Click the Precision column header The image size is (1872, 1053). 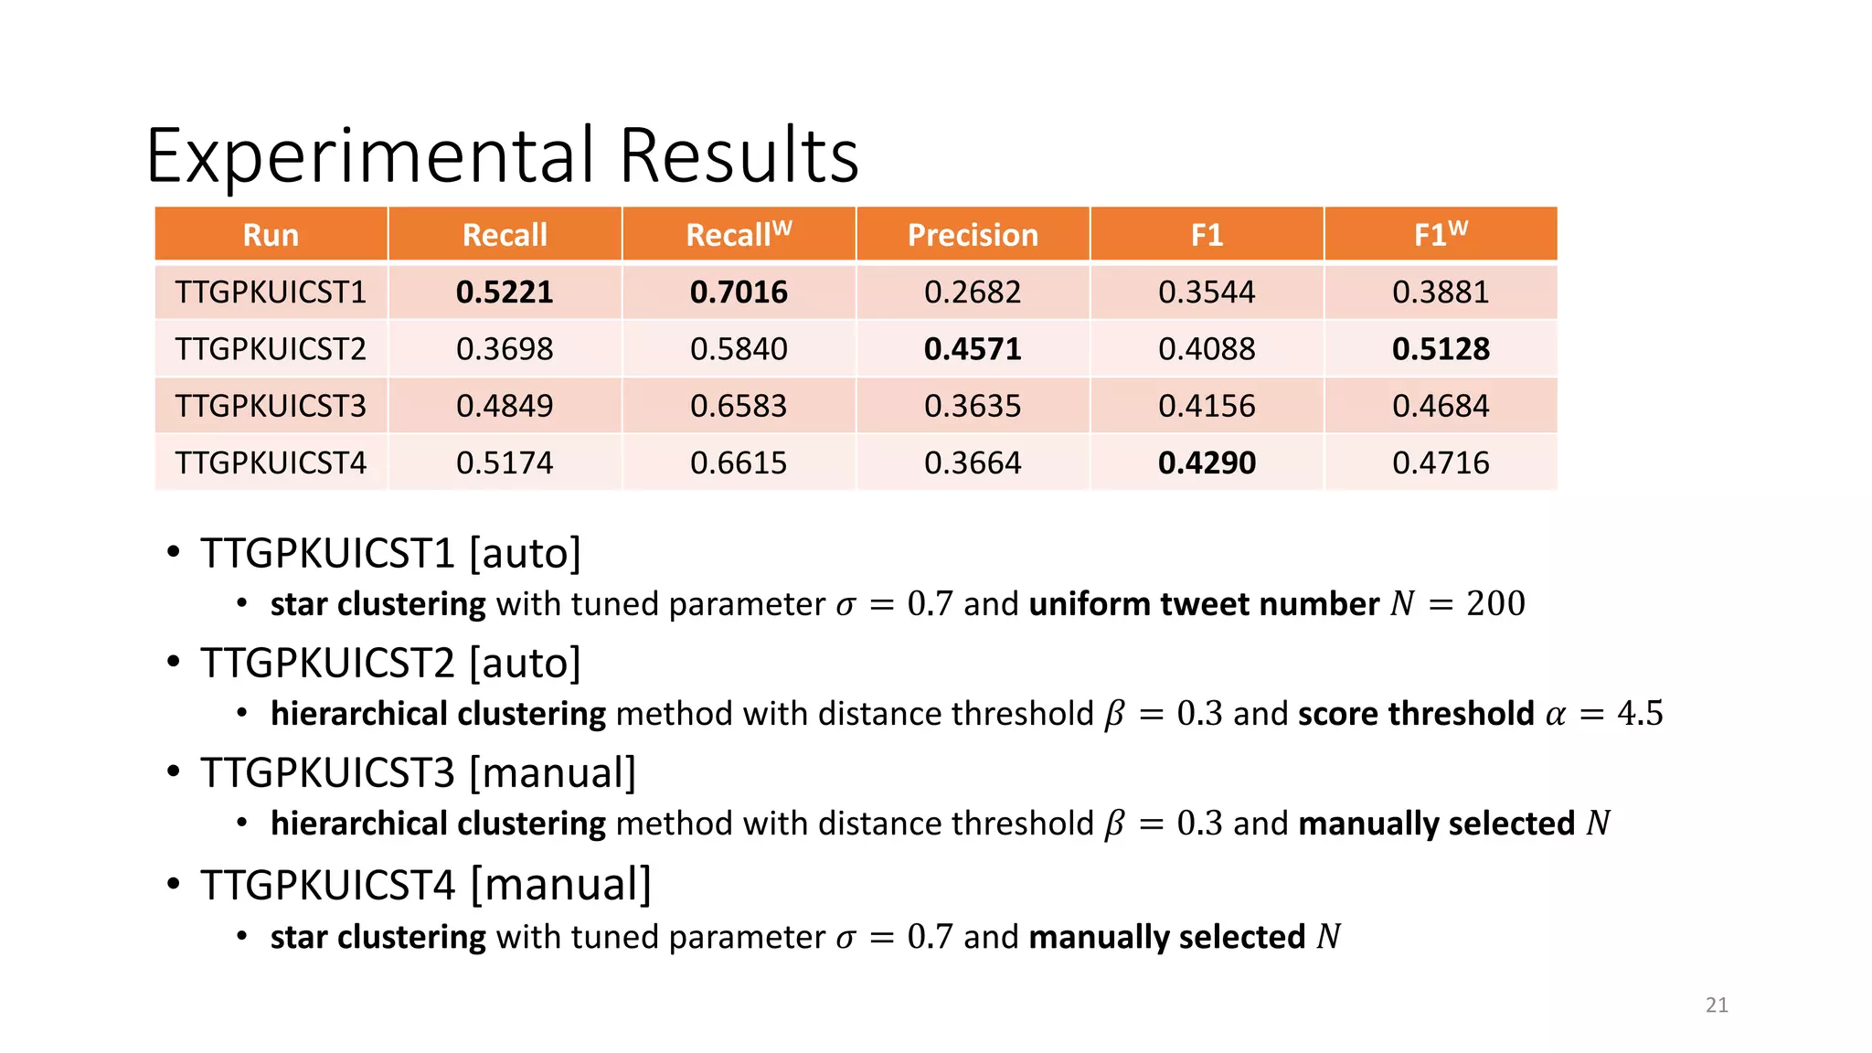pyautogui.click(x=973, y=235)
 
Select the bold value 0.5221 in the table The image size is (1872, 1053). pyautogui.click(x=505, y=292)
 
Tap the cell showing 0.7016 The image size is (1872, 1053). pyautogui.click(x=739, y=292)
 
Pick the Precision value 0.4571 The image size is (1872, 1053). pyautogui.click(x=973, y=349)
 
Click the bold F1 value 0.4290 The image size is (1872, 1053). pyautogui.click(x=1207, y=463)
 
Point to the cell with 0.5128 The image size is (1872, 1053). pyautogui.click(x=1441, y=349)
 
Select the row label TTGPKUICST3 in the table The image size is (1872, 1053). pyautogui.click(x=271, y=406)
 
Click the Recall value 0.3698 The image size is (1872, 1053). pyautogui.click(x=505, y=349)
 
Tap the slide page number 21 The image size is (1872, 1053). pyautogui.click(x=1717, y=1005)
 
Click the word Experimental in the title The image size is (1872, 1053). pyautogui.click(x=370, y=155)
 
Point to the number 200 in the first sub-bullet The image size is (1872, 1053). pyautogui.click(x=1495, y=604)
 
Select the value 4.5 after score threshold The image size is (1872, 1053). pyautogui.click(x=1640, y=714)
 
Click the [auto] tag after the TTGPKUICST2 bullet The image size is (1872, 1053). pyautogui.click(x=525, y=664)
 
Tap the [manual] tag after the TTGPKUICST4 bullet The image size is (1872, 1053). pyautogui.click(x=560, y=885)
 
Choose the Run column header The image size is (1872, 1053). pyautogui.click(x=271, y=235)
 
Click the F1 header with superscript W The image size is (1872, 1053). pyautogui.click(x=1441, y=235)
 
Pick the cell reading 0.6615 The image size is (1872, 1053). pyautogui.click(x=739, y=463)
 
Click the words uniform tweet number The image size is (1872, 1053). pyautogui.click(x=1204, y=604)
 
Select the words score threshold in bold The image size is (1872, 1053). pyautogui.click(x=1416, y=714)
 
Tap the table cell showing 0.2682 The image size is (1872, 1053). pyautogui.click(x=973, y=292)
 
